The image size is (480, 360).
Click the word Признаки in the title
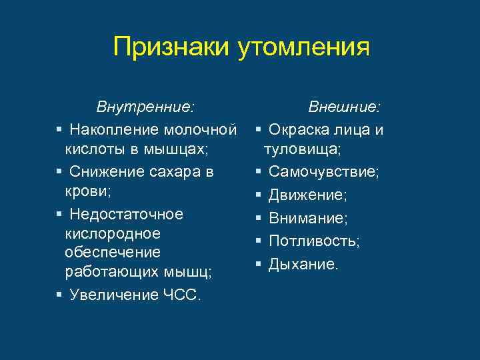172,47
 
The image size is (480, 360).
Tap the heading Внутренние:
146,107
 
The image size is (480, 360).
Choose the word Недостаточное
126,214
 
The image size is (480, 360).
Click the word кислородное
113,234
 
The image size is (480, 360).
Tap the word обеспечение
113,253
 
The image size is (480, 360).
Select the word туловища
302,149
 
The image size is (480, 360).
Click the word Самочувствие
323,172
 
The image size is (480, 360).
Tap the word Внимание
307,218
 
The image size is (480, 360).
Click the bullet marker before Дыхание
259,264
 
